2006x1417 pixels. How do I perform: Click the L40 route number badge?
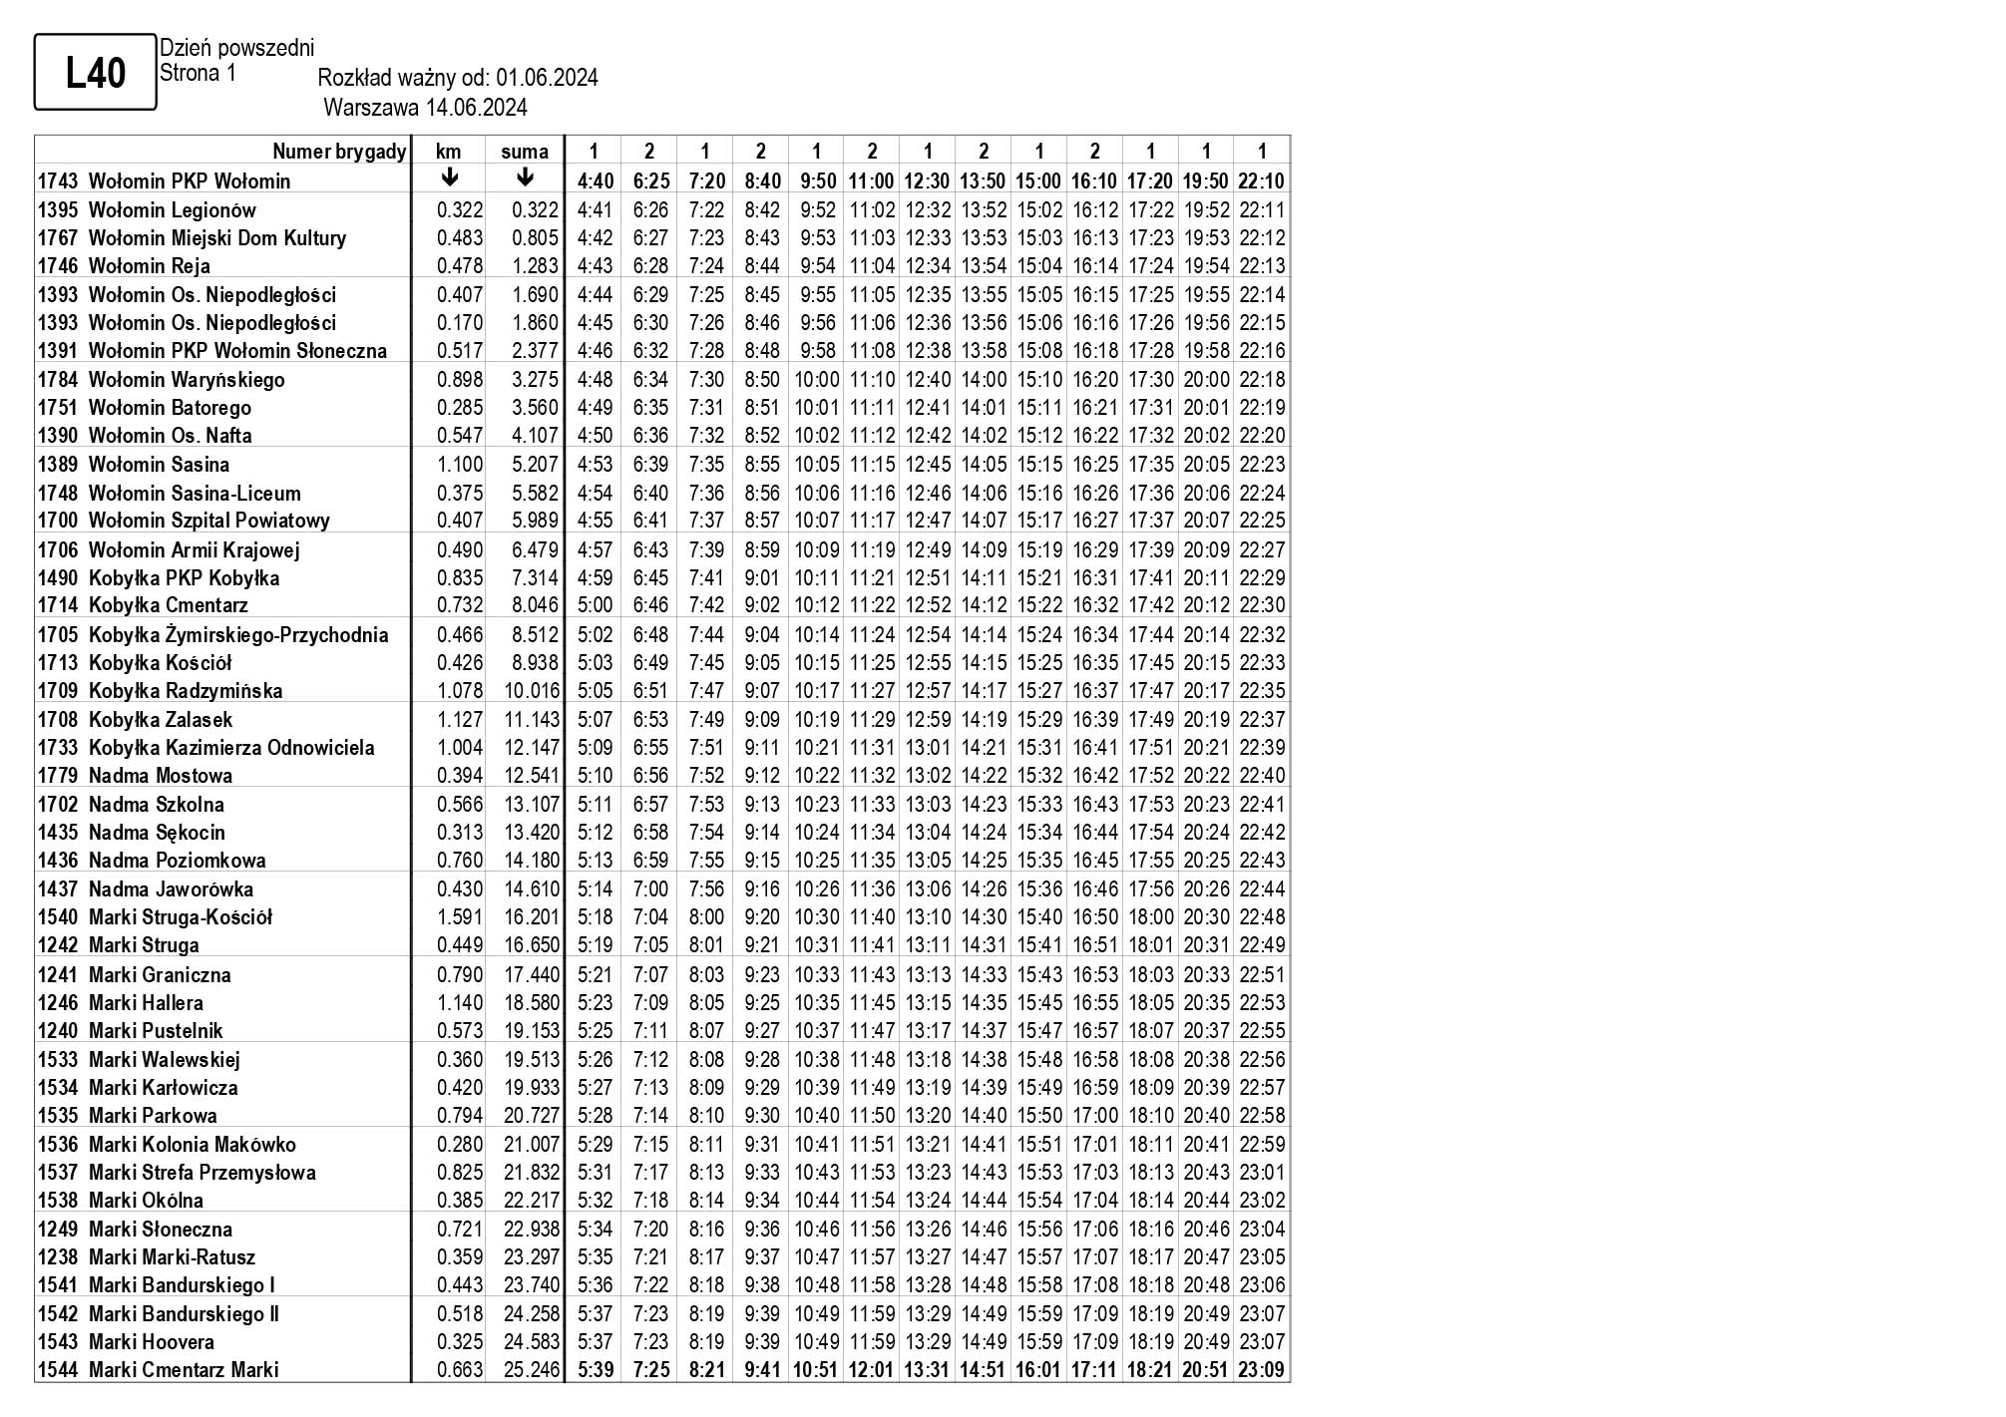point(96,73)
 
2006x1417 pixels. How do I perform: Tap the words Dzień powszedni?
point(236,48)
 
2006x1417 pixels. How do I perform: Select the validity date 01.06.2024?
point(547,79)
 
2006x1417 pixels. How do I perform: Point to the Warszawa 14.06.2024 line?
point(425,108)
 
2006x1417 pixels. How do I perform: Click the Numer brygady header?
point(339,152)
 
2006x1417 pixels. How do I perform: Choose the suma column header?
point(525,152)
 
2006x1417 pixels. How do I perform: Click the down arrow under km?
point(450,178)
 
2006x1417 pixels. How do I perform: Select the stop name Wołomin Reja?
point(149,266)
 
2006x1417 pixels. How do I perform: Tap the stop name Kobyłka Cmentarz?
point(168,605)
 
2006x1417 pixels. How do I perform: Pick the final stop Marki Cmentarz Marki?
point(184,1370)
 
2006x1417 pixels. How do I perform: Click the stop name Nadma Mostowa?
point(160,776)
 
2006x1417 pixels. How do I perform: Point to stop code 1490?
point(58,578)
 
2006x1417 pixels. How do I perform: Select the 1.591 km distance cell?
point(460,917)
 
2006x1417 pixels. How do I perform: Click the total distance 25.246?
point(532,1370)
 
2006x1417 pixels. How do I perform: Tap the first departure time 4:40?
point(596,181)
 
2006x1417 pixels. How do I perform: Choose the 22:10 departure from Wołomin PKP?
point(1262,181)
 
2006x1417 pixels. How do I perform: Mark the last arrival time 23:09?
point(1262,1370)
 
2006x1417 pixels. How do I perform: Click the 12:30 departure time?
point(928,181)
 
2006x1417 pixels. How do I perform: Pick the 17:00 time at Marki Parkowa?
point(1094,1116)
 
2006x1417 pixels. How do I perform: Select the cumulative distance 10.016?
point(532,691)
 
